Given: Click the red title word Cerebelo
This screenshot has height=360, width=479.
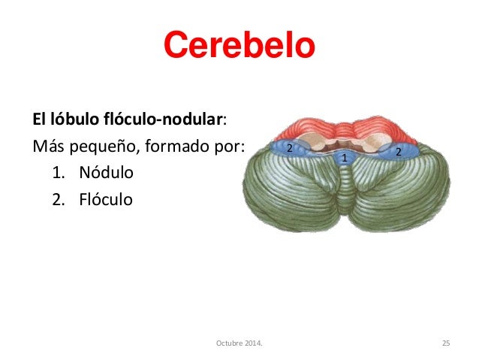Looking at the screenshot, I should (x=239, y=47).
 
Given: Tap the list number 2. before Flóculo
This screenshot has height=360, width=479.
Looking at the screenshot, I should (x=61, y=200).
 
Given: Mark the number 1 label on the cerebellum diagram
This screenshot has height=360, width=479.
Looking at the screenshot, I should (x=344, y=159).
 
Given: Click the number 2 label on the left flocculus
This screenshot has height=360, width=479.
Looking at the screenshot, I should (x=288, y=148).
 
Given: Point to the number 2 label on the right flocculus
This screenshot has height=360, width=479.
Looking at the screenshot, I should (x=398, y=152).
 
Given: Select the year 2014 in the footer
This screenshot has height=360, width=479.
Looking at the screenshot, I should (x=253, y=343).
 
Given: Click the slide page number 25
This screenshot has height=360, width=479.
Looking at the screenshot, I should (x=445, y=343).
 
